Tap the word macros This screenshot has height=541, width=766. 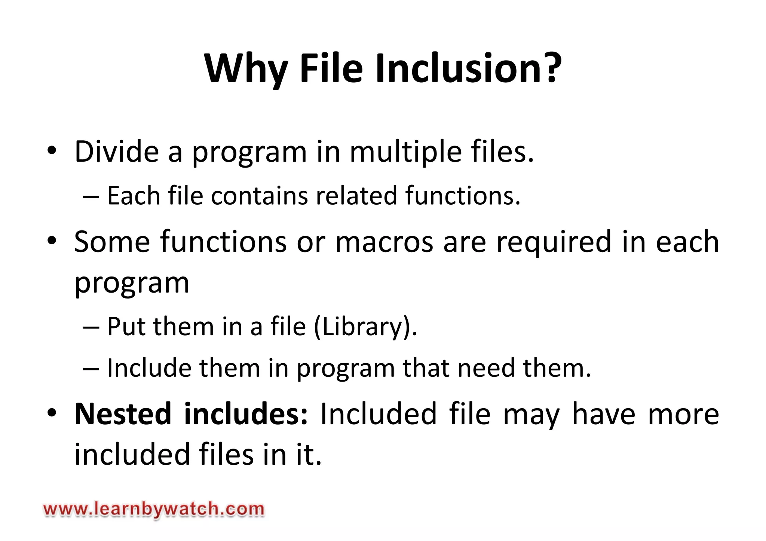point(384,242)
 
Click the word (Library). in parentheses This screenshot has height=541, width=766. point(365,327)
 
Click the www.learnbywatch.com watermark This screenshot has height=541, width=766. point(154,510)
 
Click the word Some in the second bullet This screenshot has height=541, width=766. point(112,242)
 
